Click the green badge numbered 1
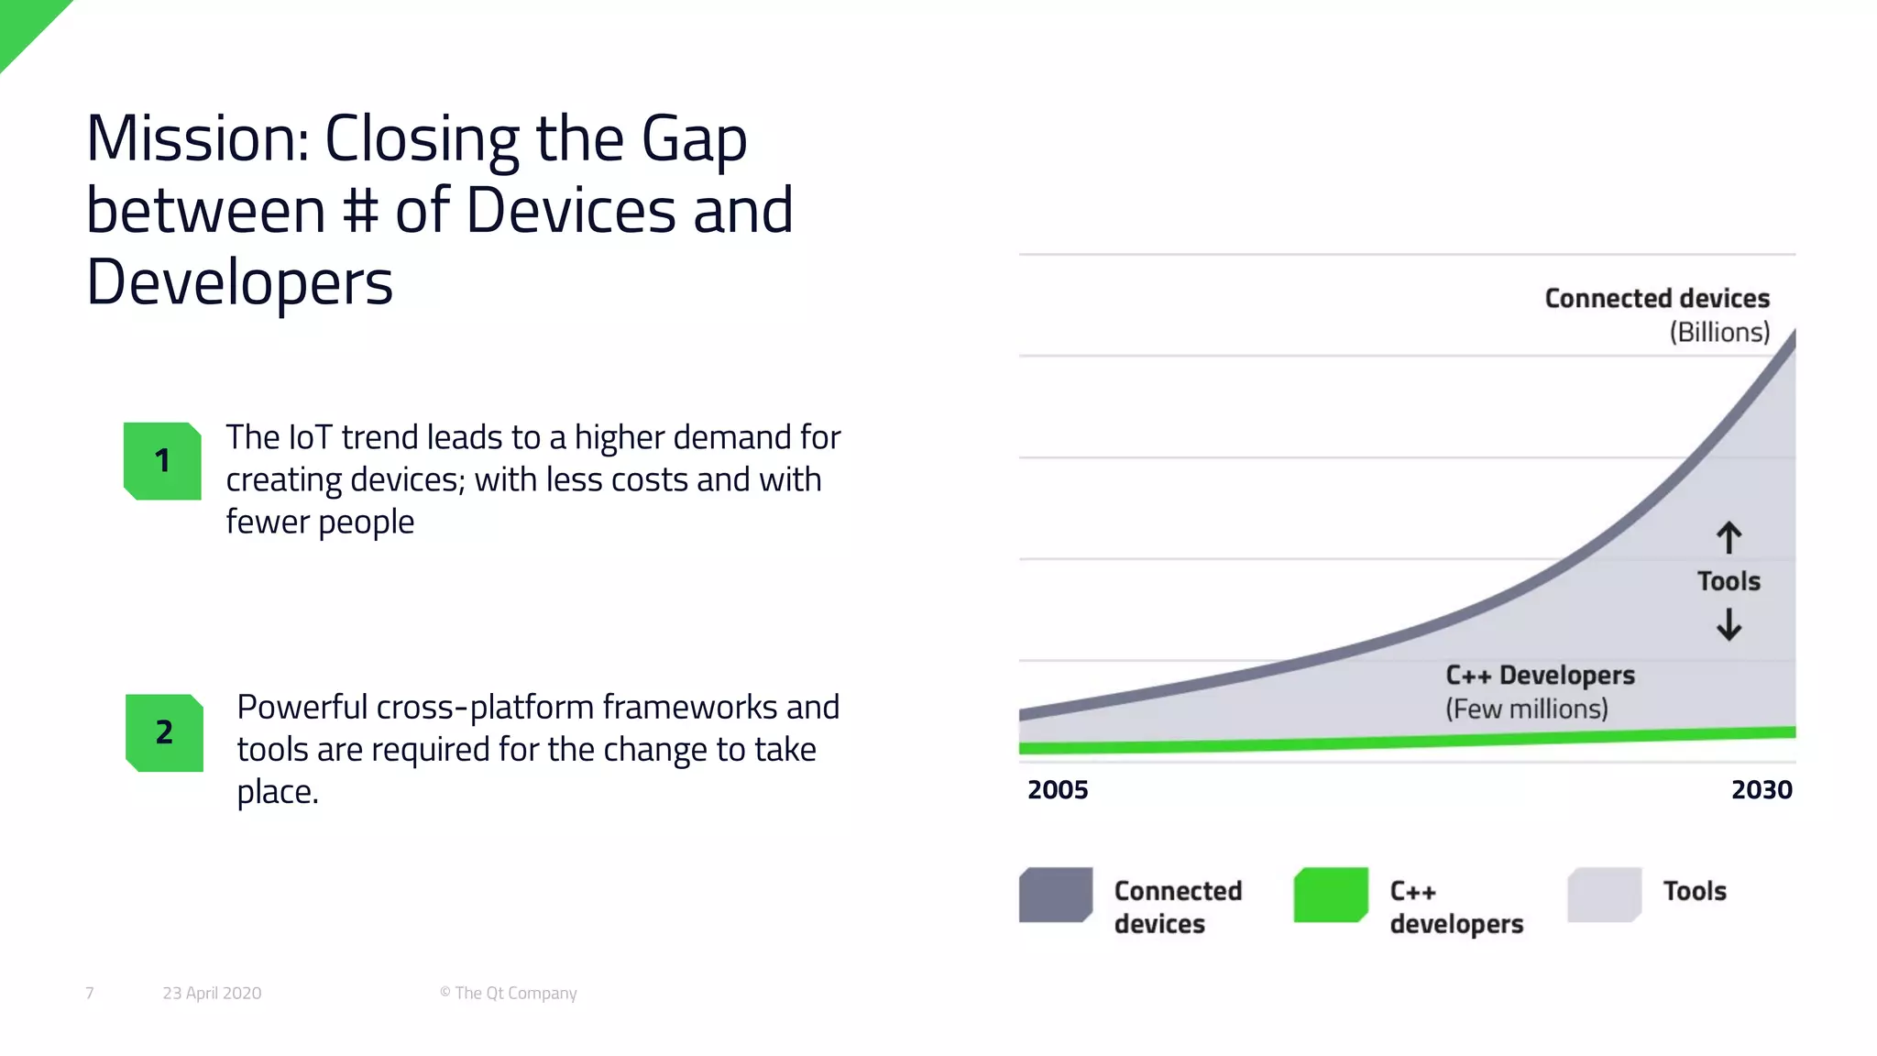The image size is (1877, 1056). click(x=162, y=461)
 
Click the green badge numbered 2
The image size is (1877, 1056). click(x=164, y=732)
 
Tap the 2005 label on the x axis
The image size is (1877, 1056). click(x=1058, y=790)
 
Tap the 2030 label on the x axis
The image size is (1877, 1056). click(x=1761, y=790)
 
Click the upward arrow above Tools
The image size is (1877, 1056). click(x=1729, y=538)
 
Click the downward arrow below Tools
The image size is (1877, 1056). click(x=1729, y=625)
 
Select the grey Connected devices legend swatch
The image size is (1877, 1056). click(x=1056, y=895)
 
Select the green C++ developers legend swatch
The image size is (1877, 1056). click(x=1331, y=895)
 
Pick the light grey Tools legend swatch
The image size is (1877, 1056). click(x=1604, y=895)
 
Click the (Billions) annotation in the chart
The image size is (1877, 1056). click(x=1718, y=333)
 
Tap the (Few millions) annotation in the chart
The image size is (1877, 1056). click(x=1526, y=709)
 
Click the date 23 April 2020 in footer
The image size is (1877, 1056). click(x=212, y=994)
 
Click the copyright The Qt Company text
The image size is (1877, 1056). click(x=508, y=994)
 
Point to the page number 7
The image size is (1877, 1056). click(x=90, y=994)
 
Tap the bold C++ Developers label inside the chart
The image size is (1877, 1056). click(x=1540, y=676)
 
